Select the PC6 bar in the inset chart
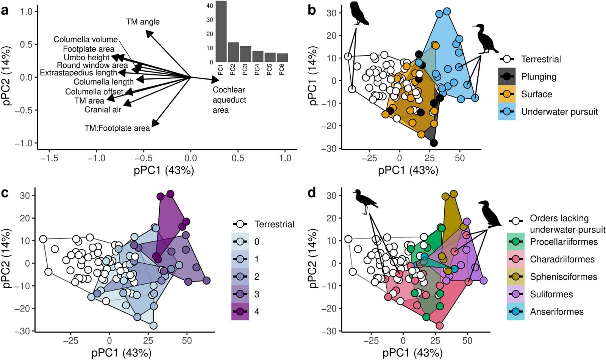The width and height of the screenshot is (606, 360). (x=282, y=58)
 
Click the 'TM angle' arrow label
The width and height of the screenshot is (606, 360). (x=143, y=22)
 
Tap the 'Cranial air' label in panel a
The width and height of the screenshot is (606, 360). (x=103, y=110)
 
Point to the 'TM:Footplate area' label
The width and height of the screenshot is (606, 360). (x=117, y=128)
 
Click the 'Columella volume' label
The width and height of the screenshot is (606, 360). (x=86, y=39)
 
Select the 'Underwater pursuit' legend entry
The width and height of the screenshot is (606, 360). (x=559, y=112)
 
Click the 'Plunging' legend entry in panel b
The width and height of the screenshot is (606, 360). (x=538, y=77)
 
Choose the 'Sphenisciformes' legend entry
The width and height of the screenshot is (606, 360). (x=563, y=277)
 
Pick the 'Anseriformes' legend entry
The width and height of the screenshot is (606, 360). (x=556, y=312)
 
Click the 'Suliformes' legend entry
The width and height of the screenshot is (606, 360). (x=551, y=294)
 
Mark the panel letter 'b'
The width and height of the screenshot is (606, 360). (x=312, y=10)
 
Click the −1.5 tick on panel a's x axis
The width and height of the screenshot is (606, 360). (x=49, y=158)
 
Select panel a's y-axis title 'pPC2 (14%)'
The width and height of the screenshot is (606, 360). (x=7, y=76)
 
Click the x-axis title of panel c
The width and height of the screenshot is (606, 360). (x=121, y=353)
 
